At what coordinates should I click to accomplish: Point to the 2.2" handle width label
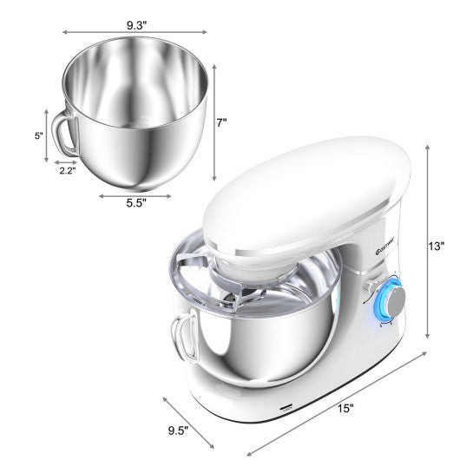click(67, 171)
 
